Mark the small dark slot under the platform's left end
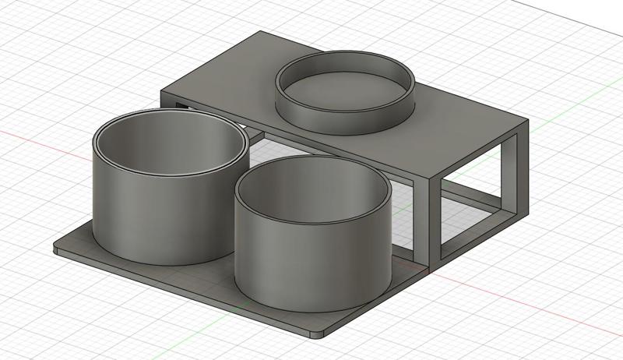[181, 104]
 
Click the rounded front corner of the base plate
[318, 334]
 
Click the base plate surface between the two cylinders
[222, 269]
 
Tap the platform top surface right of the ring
[459, 117]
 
